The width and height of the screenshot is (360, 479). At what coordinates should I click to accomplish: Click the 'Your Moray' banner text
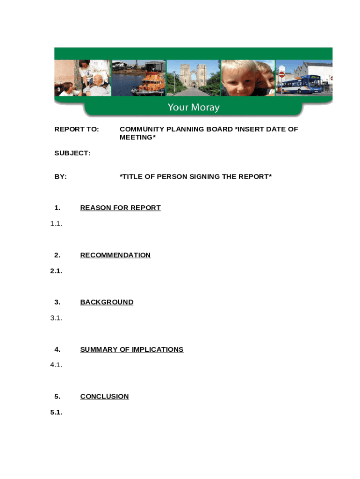point(194,108)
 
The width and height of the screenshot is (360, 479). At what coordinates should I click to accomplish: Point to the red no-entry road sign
point(282,74)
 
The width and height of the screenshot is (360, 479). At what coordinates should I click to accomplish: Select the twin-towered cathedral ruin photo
point(193,77)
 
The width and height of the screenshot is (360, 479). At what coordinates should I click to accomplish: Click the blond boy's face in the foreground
point(241,80)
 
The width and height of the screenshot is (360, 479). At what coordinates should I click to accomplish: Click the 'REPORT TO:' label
point(77,129)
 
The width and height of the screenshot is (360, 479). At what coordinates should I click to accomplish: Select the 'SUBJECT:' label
point(72,153)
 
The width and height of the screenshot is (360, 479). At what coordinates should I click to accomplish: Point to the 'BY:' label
point(61,176)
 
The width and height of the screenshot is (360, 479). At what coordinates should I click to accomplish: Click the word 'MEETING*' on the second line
point(137,138)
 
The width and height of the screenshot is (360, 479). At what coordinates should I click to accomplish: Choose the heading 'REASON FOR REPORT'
point(120,208)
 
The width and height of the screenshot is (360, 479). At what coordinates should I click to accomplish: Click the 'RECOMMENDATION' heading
point(115,255)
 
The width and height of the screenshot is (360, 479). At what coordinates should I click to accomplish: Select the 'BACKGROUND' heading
point(107,302)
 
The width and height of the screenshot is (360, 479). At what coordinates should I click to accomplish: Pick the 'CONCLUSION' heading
point(104,396)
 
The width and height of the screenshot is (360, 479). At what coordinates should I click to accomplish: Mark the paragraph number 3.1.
point(56,318)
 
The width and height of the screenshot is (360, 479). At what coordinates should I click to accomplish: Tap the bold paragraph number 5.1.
point(56,412)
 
